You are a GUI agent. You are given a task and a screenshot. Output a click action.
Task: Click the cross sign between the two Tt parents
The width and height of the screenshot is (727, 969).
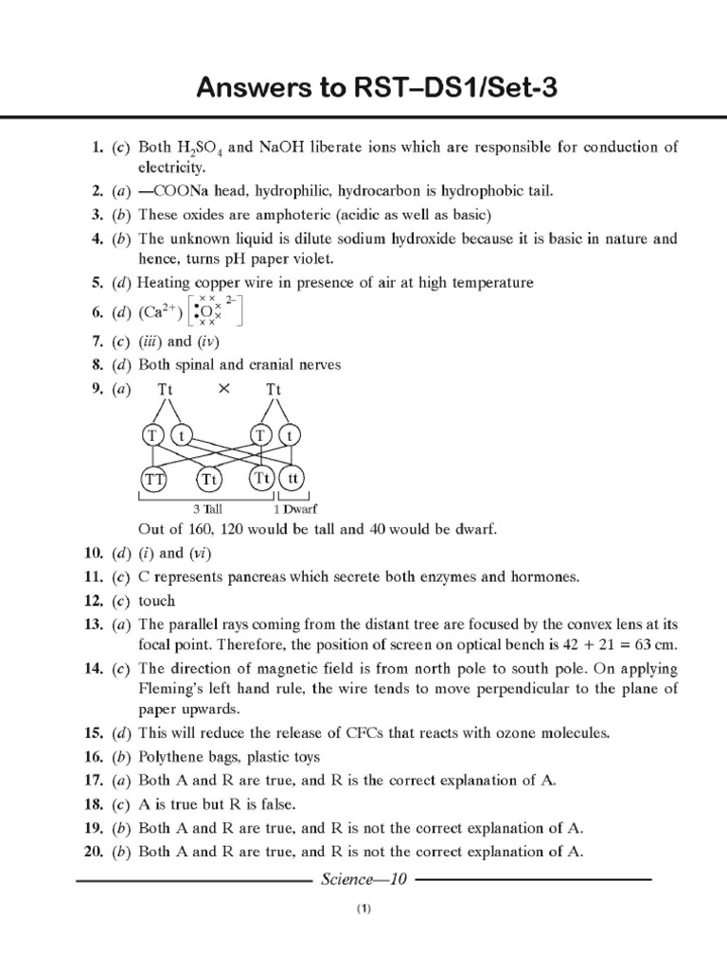(x=224, y=388)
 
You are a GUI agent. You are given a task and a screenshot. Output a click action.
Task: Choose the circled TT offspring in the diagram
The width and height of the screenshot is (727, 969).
(x=153, y=479)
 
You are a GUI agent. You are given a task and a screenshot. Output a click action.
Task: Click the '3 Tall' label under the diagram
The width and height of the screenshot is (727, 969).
(x=206, y=508)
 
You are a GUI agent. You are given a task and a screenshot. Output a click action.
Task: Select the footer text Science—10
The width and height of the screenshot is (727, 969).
(x=363, y=879)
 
